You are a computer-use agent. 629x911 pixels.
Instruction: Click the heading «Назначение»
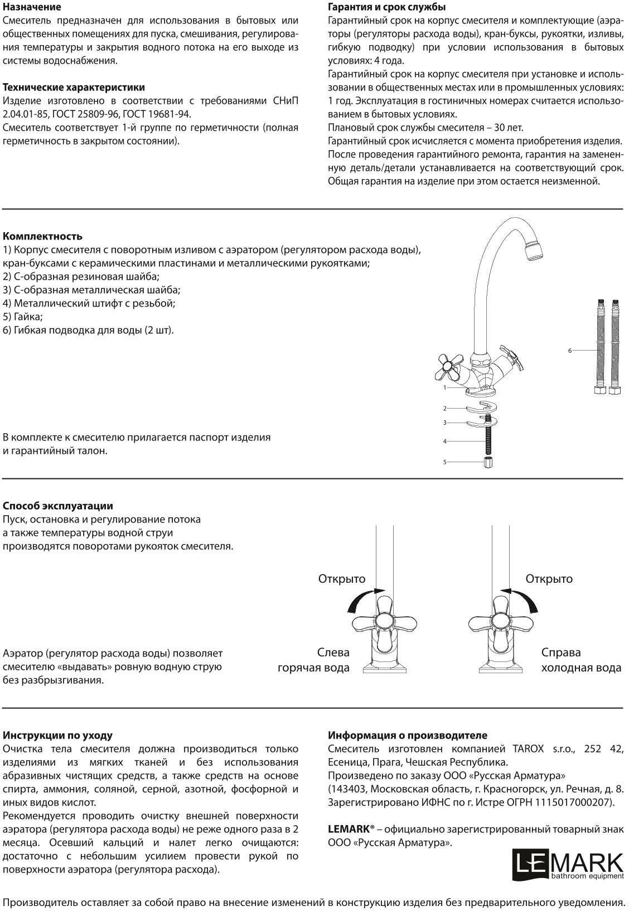coord(32,7)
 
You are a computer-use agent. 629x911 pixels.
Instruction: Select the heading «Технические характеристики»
coord(74,88)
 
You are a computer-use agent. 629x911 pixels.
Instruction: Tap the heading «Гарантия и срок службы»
coord(386,7)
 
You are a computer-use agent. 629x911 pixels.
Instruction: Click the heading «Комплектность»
coord(42,236)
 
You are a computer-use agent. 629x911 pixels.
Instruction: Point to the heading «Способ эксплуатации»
coord(58,506)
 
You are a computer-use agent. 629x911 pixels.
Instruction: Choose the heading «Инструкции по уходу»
coord(57,736)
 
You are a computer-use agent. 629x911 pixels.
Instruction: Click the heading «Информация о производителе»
coord(407,736)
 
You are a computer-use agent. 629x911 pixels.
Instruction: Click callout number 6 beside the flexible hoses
coord(570,351)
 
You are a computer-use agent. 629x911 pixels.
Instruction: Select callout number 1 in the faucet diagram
coord(445,387)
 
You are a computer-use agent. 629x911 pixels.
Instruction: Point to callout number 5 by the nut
coord(445,462)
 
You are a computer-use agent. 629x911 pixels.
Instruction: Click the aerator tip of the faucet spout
coord(534,250)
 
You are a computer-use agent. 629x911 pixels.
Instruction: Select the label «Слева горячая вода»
coord(314,660)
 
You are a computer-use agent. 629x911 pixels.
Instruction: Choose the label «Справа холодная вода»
coord(581,660)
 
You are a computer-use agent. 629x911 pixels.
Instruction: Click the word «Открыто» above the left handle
coord(341,579)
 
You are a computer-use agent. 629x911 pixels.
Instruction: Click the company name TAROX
coord(527,749)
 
